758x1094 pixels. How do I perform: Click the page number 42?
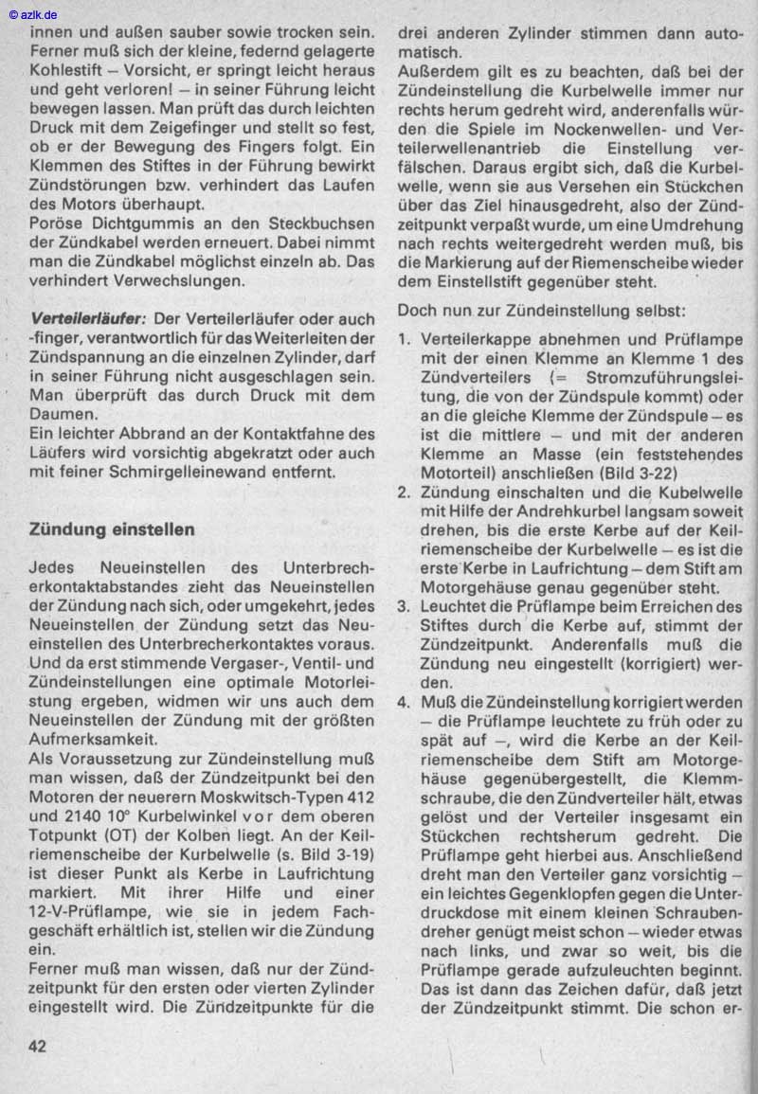pyautogui.click(x=39, y=1046)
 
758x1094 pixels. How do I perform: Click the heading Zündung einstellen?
pyautogui.click(x=113, y=529)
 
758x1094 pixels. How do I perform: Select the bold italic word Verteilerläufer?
pyautogui.click(x=88, y=319)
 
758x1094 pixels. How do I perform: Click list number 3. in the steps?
pyautogui.click(x=404, y=608)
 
